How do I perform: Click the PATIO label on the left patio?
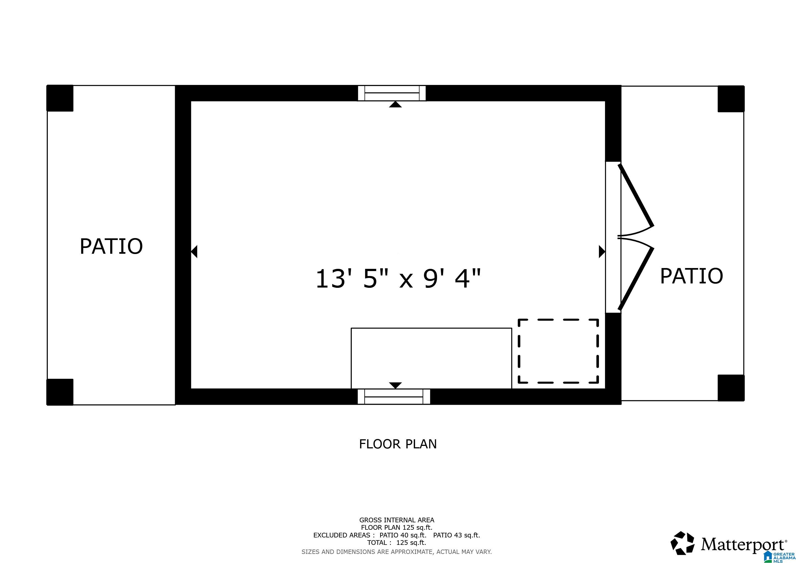[x=111, y=247]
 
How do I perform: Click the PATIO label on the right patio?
[x=691, y=276]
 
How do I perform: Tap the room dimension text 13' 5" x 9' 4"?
[x=398, y=279]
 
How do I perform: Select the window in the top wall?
[x=392, y=93]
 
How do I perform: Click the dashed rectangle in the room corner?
[x=558, y=351]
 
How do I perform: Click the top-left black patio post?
[x=60, y=98]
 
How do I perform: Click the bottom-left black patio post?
[x=60, y=392]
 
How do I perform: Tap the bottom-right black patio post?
[x=731, y=388]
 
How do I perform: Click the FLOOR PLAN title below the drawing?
[x=398, y=444]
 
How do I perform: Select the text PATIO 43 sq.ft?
[x=456, y=535]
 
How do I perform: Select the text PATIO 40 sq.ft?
[x=402, y=535]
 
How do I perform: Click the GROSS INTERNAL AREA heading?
[x=397, y=520]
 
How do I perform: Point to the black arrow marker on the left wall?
[x=195, y=251]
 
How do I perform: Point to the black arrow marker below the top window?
[x=395, y=104]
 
